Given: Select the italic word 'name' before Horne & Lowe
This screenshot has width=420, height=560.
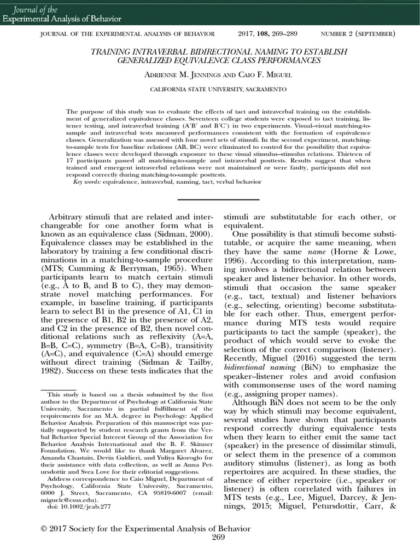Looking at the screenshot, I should (x=311, y=251).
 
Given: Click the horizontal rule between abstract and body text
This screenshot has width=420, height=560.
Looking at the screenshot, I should (x=209, y=200).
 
